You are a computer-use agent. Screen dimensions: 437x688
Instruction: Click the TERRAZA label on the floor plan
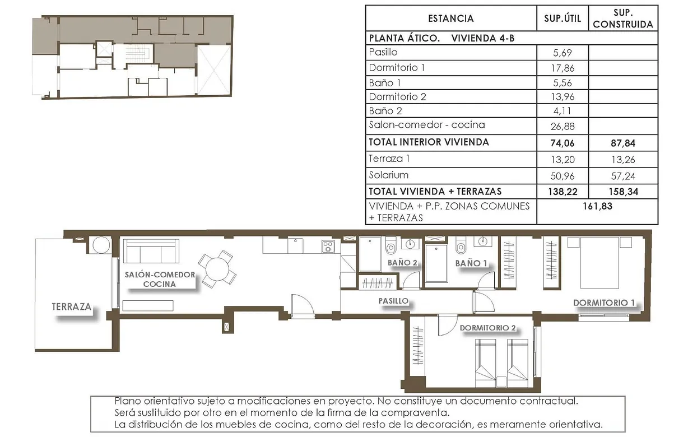coord(71,307)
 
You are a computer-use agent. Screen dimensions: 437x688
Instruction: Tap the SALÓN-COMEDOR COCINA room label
coord(160,279)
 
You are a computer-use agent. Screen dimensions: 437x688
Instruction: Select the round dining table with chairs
coord(217,269)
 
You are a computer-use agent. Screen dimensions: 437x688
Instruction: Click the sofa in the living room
coord(151,251)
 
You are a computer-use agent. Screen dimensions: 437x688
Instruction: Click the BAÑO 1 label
coord(471,263)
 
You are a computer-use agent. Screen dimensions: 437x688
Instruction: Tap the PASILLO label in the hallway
coord(393,301)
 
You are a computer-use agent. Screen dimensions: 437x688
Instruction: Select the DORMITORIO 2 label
coord(487,328)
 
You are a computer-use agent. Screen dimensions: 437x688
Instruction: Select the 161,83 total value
coord(597,206)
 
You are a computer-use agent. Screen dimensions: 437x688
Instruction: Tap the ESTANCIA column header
coord(450,18)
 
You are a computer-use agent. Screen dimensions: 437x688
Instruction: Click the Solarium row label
coord(389,175)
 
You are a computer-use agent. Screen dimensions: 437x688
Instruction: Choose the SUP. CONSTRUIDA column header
coord(623,18)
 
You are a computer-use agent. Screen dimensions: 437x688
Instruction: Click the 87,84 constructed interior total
coord(623,142)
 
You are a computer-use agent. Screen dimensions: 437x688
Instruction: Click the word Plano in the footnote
coord(128,402)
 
